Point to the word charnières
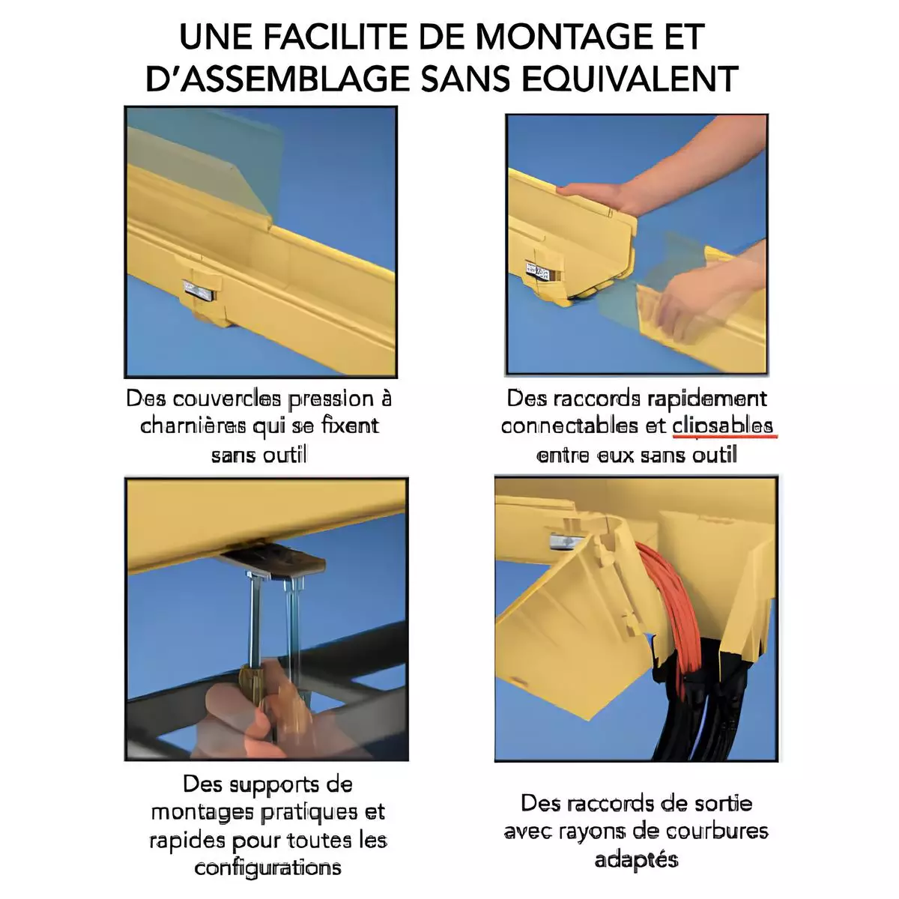(193, 426)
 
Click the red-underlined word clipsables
(723, 426)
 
